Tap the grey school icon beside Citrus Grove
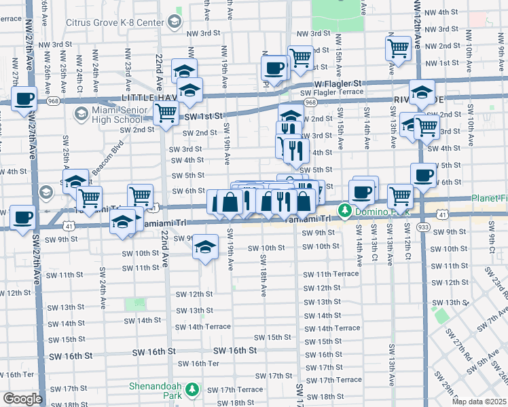[173, 22]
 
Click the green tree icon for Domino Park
[344, 210]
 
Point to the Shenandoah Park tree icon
[192, 389]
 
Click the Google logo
[22, 399]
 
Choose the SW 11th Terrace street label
[331, 274]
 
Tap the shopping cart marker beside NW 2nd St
[397, 47]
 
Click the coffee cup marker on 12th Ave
[423, 175]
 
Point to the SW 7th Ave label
[492, 318]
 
